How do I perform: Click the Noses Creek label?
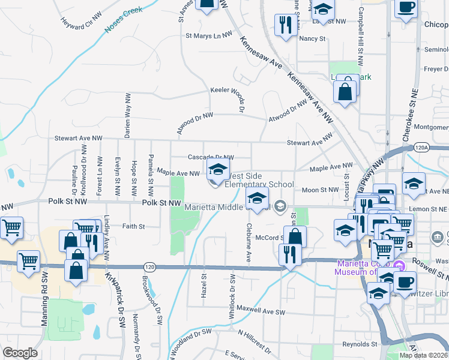pos(123,20)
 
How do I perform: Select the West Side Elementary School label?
pos(259,180)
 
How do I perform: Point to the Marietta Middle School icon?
pos(258,199)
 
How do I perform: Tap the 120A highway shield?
pos(421,148)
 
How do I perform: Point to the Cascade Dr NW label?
pos(210,157)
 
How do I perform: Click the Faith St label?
pos(133,226)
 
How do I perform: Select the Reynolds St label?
pos(360,344)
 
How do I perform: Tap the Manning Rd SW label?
pos(44,308)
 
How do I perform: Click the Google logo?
pos(20,353)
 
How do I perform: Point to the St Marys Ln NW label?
pos(208,35)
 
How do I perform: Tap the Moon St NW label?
pos(321,190)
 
